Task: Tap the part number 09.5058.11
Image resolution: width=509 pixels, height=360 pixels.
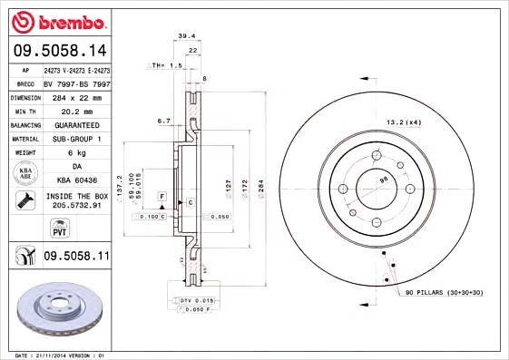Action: click(x=76, y=258)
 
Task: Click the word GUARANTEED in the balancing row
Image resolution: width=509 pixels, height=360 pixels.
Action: click(x=76, y=124)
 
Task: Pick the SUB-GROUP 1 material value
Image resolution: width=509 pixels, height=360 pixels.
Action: click(x=76, y=139)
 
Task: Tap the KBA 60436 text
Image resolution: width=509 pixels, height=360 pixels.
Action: click(x=76, y=180)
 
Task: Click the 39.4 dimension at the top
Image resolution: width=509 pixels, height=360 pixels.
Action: click(x=185, y=35)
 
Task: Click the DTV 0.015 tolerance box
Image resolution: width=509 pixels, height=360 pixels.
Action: click(x=196, y=299)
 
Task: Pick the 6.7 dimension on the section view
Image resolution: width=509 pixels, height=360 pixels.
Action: click(x=163, y=120)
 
